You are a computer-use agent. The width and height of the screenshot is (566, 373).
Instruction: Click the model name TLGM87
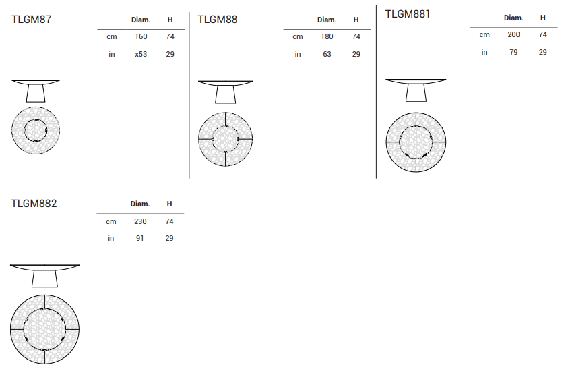click(32, 19)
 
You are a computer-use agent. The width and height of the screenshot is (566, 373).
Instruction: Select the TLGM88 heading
click(217, 19)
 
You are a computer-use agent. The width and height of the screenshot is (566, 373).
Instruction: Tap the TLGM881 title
click(408, 14)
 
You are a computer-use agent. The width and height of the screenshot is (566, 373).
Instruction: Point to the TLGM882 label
click(34, 204)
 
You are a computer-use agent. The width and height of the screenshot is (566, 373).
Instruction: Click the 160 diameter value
click(141, 36)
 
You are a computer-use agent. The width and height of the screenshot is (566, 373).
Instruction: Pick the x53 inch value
click(141, 54)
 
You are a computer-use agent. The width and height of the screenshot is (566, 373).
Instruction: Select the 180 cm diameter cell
click(327, 36)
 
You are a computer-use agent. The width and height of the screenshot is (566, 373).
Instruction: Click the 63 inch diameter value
click(327, 54)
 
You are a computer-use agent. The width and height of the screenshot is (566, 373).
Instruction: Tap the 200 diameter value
click(513, 34)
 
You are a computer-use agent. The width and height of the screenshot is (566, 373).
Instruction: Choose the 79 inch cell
click(513, 52)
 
